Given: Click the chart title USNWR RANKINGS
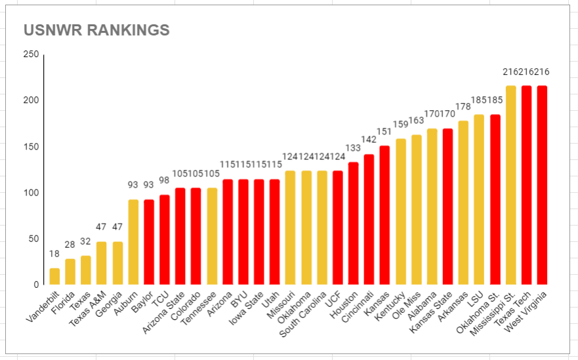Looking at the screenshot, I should point(96,30).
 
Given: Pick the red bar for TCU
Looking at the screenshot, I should point(165,239).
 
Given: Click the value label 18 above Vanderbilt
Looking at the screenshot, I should point(54,254).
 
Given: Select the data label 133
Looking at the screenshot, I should point(354,148).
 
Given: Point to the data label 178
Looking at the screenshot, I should point(464,107).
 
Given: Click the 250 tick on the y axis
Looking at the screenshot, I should point(31,54).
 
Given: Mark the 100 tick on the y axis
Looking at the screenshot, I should point(31,193).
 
